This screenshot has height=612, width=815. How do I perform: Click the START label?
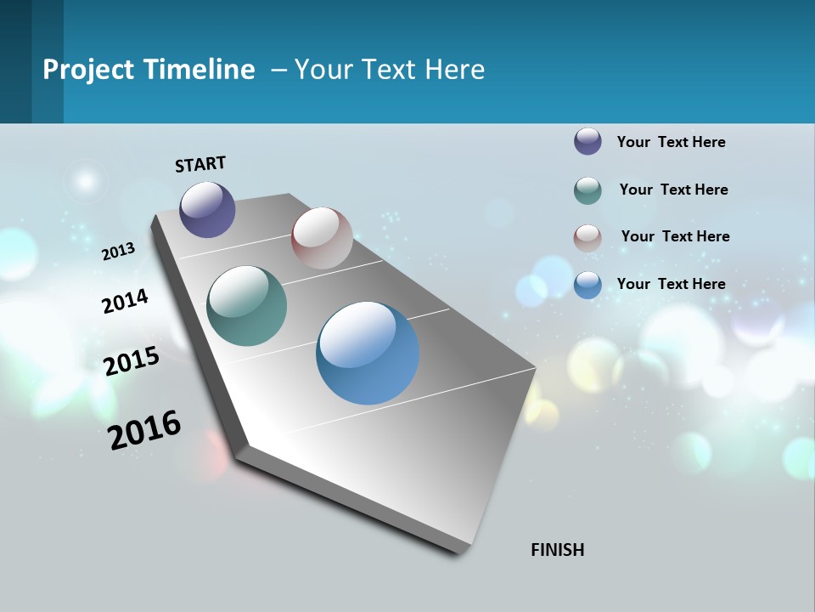click(x=200, y=164)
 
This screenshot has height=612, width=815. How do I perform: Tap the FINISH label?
click(x=558, y=550)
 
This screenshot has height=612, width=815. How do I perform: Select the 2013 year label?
click(x=119, y=251)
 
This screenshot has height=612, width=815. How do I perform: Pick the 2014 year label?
click(x=125, y=302)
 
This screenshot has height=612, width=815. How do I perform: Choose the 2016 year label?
click(x=145, y=430)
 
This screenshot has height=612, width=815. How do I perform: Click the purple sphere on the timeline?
click(x=207, y=209)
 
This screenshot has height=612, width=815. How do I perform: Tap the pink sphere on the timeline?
click(x=322, y=238)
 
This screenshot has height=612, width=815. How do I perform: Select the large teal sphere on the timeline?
click(x=247, y=306)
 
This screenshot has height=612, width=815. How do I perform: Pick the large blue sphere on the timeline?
click(x=368, y=353)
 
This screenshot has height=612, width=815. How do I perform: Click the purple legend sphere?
click(x=587, y=141)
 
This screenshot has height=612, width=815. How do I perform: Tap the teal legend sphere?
click(x=587, y=190)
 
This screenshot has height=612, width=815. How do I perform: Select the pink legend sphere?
click(x=587, y=238)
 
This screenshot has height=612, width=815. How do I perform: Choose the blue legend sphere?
click(x=587, y=285)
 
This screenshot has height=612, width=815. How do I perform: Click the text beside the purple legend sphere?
click(x=671, y=142)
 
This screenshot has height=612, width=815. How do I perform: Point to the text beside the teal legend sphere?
click(x=673, y=190)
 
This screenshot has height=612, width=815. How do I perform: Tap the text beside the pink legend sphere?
click(x=675, y=236)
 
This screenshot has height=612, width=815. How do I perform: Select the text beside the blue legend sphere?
click(x=671, y=284)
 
